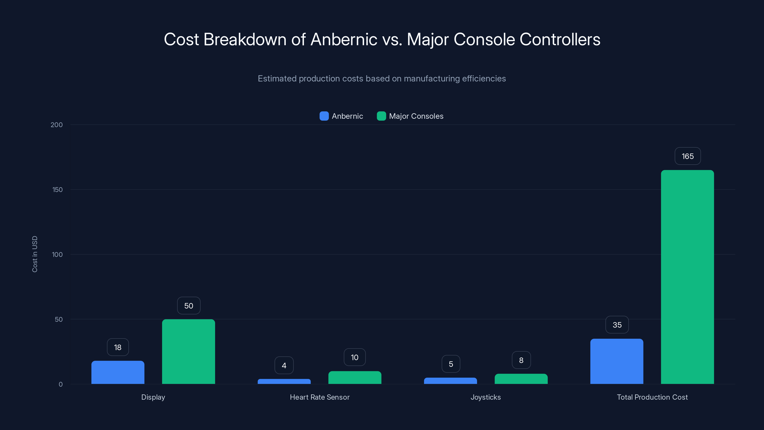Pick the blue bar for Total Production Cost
[617, 361]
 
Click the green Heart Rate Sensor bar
[355, 377]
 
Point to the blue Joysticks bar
[450, 381]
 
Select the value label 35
[617, 325]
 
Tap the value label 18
[118, 347]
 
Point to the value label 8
[521, 360]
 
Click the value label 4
[284, 365]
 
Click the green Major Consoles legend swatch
[381, 116]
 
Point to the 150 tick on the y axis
[57, 190]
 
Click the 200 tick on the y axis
[56, 125]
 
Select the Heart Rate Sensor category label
[319, 397]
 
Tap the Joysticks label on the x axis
[486, 397]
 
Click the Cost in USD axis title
[35, 254]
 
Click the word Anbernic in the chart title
[344, 39]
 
